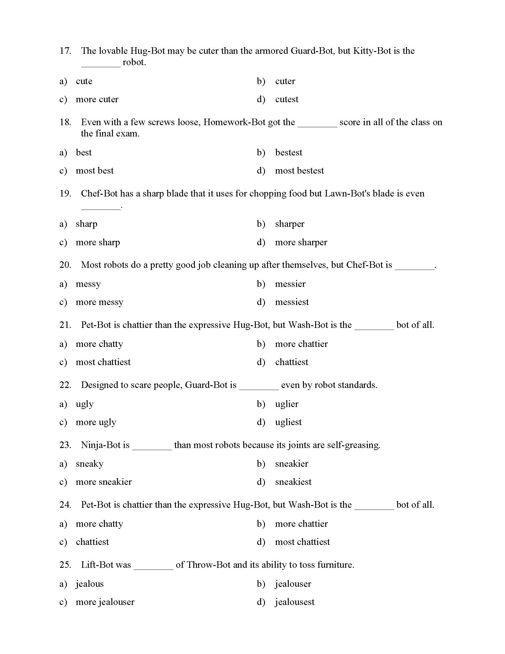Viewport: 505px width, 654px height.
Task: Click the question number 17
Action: point(65,51)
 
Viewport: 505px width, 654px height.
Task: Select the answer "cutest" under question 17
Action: point(286,99)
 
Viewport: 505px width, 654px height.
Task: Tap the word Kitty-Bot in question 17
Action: point(372,51)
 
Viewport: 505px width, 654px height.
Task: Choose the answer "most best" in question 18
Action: point(94,171)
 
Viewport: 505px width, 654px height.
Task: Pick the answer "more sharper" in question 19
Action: point(301,242)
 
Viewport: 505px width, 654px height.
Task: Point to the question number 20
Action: point(65,265)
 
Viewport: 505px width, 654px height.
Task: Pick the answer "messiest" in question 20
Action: point(292,302)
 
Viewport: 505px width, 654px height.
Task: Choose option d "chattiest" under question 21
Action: point(291,362)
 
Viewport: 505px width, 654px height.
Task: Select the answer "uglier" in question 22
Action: point(287,404)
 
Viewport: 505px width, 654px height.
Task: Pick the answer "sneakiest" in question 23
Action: point(293,482)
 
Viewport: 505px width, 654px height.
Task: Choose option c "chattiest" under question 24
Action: point(92,542)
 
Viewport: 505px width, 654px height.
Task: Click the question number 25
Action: point(65,565)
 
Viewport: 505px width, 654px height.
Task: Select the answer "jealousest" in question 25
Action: point(294,602)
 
